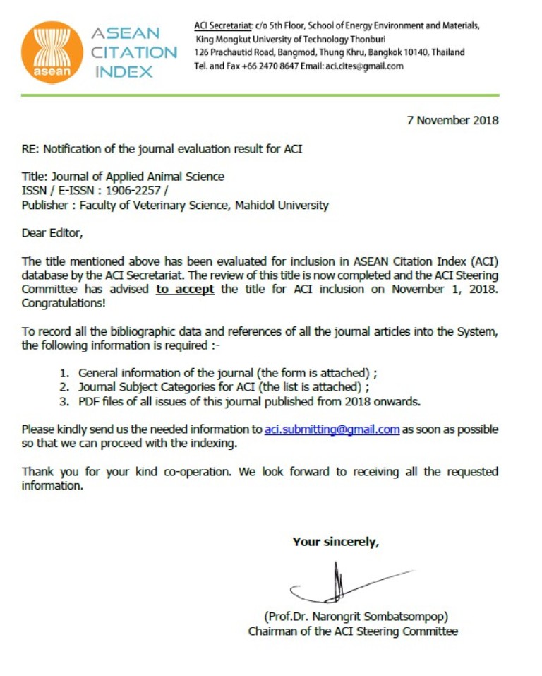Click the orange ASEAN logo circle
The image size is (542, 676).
pos(52,52)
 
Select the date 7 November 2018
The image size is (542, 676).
pos(452,120)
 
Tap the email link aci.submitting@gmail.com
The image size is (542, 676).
pos(332,429)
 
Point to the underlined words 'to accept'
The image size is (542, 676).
pos(185,289)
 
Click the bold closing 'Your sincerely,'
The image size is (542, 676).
pos(336,542)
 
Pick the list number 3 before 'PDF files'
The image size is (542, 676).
pos(64,402)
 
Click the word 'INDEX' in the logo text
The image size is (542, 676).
pos(124,71)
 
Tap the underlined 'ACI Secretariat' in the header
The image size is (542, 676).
pos(222,25)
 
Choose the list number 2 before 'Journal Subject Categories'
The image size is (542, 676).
pos(64,387)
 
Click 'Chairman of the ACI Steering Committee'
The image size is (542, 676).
pos(353,631)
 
